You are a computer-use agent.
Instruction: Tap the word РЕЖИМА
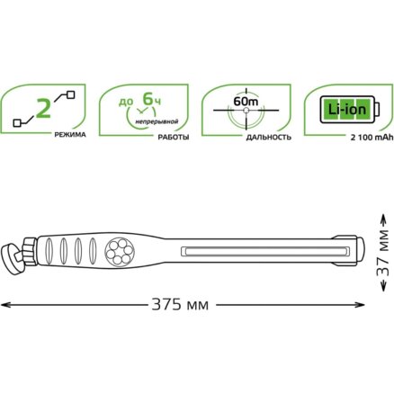tap(70, 135)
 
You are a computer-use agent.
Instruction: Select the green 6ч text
tap(152, 99)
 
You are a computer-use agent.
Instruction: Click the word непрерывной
tap(157, 121)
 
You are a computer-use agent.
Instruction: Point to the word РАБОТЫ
tap(174, 138)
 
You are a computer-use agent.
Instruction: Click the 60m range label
tap(246, 102)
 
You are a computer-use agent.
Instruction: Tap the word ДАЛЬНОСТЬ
tap(269, 138)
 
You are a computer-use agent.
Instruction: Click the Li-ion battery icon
tap(350, 110)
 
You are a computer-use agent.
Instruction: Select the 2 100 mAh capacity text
tap(372, 138)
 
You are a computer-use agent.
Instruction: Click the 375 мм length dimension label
tap(180, 305)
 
